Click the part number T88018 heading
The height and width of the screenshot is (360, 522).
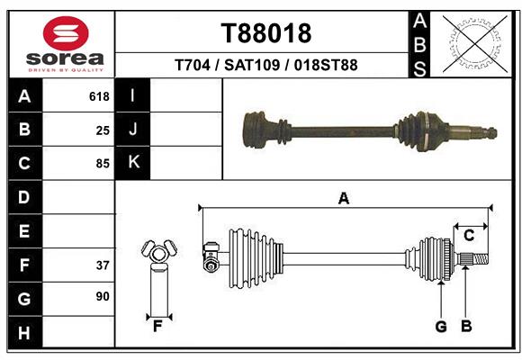[265, 33]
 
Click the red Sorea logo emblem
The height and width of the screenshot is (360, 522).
[65, 34]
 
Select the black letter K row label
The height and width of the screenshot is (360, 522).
[133, 163]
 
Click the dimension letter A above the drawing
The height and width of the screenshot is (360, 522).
[343, 199]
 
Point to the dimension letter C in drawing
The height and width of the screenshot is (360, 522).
[469, 236]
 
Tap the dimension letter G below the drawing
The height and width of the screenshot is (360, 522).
[441, 327]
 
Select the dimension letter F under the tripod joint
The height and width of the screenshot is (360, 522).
[157, 327]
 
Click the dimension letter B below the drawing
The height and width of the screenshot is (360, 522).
[466, 327]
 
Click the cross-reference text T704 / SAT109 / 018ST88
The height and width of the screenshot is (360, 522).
[265, 65]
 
